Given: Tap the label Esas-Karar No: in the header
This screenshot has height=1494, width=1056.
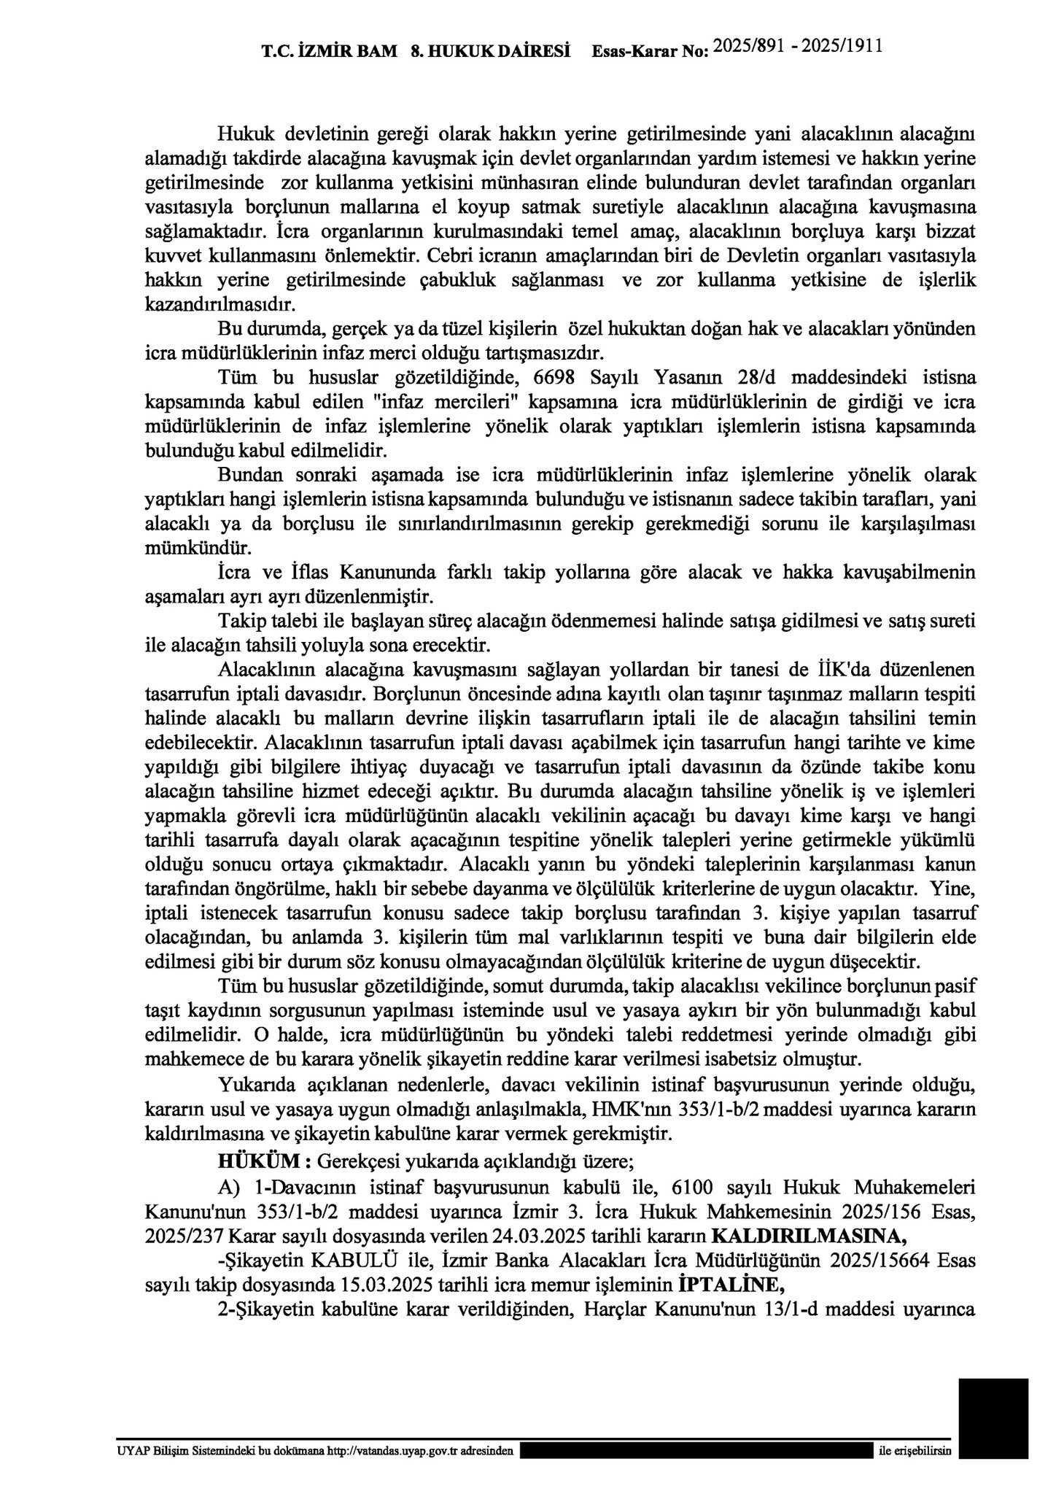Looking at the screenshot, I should pyautogui.click(x=650, y=52).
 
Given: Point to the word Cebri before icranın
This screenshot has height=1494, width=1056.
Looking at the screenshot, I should pyautogui.click(x=449, y=257).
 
